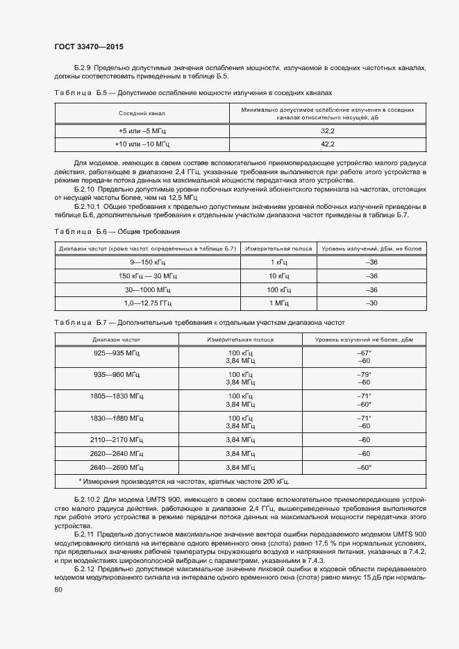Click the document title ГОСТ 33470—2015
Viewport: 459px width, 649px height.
pyautogui.click(x=89, y=47)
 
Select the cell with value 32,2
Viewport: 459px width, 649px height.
pyautogui.click(x=328, y=130)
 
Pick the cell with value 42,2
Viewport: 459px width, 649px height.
pyautogui.click(x=328, y=144)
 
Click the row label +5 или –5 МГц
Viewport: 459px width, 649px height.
pyautogui.click(x=142, y=130)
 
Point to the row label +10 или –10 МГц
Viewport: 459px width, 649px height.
pyautogui.click(x=142, y=144)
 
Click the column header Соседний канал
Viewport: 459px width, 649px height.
pyautogui.click(x=142, y=113)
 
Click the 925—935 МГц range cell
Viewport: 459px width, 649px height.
pyautogui.click(x=117, y=353)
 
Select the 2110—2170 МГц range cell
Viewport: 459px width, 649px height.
pyautogui.click(x=117, y=440)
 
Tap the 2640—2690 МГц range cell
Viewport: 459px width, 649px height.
pyautogui.click(x=117, y=467)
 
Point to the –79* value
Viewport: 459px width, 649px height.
pyautogui.click(x=364, y=375)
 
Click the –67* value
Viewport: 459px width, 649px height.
pyautogui.click(x=364, y=353)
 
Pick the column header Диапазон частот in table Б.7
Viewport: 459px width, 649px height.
pyautogui.click(x=117, y=339)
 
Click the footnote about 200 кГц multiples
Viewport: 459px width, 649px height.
pyautogui.click(x=184, y=481)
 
